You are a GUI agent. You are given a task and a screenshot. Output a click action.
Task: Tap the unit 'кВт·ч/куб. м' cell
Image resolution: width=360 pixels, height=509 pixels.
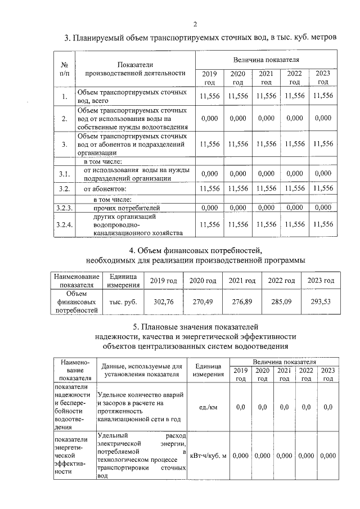208,456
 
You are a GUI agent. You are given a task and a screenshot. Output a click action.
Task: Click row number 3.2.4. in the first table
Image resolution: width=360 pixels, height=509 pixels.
65,224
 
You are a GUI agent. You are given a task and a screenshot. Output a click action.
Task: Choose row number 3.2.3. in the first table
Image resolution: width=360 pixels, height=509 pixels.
65,208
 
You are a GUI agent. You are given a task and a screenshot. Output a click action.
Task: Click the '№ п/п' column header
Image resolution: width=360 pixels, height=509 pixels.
65,69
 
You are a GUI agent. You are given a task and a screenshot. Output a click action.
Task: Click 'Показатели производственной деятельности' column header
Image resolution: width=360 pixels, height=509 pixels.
135,69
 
